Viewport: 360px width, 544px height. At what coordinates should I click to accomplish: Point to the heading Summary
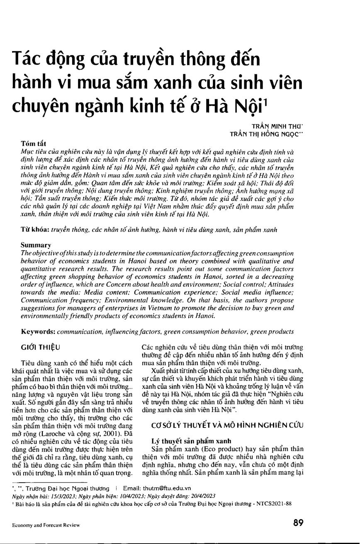(x=36, y=245)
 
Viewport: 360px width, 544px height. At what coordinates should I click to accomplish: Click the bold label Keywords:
(x=39, y=332)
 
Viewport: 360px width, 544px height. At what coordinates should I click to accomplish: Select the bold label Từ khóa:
(x=35, y=229)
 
